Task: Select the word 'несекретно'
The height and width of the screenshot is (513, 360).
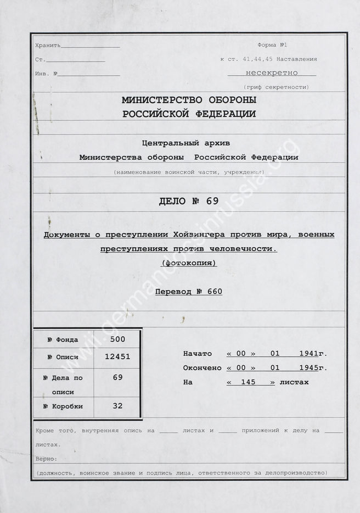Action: tap(272, 72)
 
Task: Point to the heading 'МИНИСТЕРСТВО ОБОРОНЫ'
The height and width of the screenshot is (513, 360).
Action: tap(189, 101)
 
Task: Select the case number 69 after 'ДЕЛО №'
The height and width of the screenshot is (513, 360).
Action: tap(212, 200)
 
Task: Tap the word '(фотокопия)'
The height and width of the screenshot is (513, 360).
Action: tap(189, 263)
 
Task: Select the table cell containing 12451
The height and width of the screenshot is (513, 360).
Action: tap(117, 357)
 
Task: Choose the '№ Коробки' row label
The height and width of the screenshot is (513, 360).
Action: tap(63, 406)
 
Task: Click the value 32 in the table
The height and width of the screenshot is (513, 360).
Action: tap(117, 406)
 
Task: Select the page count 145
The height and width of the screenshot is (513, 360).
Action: tap(250, 382)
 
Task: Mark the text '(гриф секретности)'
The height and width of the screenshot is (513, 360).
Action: tap(276, 87)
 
